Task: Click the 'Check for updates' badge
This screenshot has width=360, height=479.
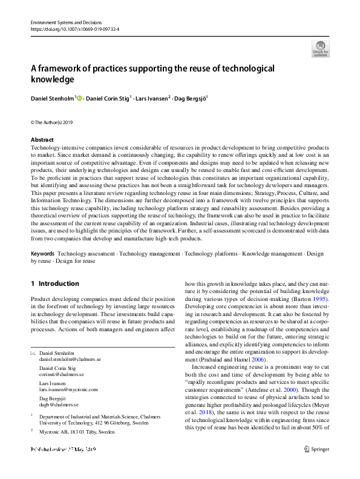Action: [320, 48]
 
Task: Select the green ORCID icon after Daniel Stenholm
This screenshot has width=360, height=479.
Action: [79, 97]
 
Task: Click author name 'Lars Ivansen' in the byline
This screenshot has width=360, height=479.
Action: [152, 97]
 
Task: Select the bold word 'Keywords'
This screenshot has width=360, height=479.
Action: [42, 254]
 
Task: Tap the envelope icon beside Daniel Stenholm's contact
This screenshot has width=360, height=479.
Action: [33, 352]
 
